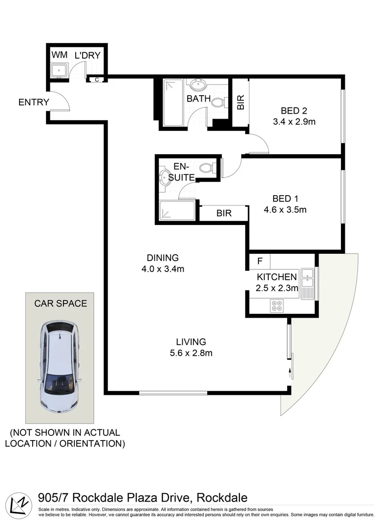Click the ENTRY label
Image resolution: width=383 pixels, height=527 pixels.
34,102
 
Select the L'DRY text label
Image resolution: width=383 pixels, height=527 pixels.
87,55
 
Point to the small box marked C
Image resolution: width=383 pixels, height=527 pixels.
96,79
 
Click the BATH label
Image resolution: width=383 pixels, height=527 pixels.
199,99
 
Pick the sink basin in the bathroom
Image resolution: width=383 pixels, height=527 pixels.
198,86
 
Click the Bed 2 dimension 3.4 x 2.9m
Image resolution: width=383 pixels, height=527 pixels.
294,122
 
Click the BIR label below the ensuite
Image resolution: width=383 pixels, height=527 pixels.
224,213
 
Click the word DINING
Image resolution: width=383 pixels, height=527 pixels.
163,258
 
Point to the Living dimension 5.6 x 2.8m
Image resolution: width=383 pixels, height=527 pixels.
191,353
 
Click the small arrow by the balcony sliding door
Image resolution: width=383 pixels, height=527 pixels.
291,374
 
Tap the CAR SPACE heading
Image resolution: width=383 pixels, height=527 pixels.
61,304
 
